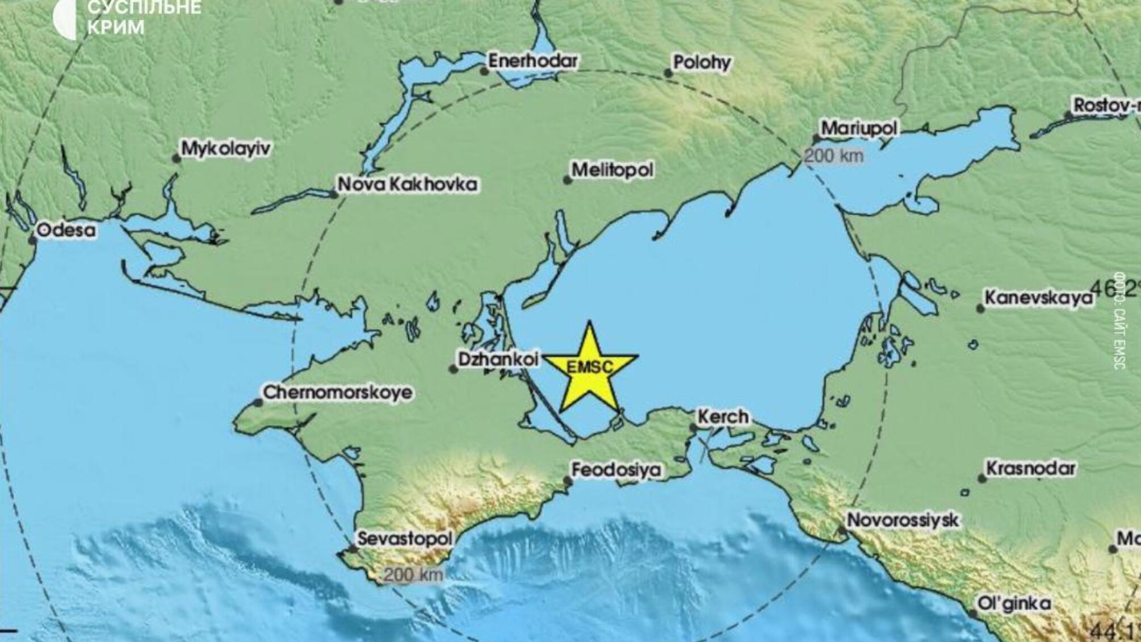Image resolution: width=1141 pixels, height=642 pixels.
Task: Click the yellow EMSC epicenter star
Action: click(590, 368)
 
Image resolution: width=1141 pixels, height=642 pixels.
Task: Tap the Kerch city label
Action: click(723, 417)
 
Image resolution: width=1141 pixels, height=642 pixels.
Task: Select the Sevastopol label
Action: click(405, 539)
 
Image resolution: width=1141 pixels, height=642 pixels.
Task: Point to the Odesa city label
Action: click(66, 230)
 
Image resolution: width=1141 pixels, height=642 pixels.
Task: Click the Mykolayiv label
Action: click(225, 149)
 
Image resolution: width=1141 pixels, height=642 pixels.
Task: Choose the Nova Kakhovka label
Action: click(407, 184)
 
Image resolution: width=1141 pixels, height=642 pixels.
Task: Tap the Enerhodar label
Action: click(532, 61)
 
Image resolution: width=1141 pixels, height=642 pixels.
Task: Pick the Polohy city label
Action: click(702, 62)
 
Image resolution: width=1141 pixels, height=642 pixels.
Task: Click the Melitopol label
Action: click(612, 169)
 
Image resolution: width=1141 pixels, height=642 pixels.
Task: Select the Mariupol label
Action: click(859, 128)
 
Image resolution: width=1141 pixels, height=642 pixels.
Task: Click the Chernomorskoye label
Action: click(337, 393)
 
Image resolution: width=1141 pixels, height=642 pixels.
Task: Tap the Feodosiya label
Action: click(616, 470)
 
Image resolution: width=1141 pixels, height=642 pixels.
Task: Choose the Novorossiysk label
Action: click(903, 520)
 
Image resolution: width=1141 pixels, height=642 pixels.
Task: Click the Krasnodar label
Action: click(1030, 469)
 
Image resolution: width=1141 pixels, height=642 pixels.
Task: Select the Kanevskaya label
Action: click(1038, 298)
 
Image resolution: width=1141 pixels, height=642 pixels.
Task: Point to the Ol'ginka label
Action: click(1014, 603)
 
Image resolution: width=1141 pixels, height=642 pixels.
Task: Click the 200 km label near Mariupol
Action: click(834, 155)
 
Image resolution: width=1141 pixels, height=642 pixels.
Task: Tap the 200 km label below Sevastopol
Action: click(413, 574)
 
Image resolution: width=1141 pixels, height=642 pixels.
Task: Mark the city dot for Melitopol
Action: click(567, 180)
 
